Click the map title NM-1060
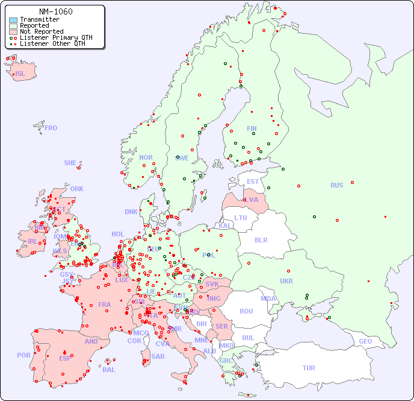pos(55,11)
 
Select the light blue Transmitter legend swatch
pos(13,19)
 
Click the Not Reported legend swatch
pos(13,31)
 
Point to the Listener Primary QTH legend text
pos(56,37)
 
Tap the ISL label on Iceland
pos(20,74)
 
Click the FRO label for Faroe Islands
pos(51,128)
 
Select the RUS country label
pos(336,185)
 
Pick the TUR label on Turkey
pos(309,368)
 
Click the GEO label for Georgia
pos(365,341)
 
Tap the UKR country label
pos(286,281)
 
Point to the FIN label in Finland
pos(252,128)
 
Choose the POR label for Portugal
pos(23,355)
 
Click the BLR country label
pos(261,239)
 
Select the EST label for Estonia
pos(253,182)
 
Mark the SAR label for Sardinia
pos(158,356)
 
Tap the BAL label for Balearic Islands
pos(109,370)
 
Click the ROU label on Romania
pos(246,311)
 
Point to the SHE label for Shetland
pos(70,163)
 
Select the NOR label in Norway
pos(146,157)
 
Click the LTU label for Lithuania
pos(241,218)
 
